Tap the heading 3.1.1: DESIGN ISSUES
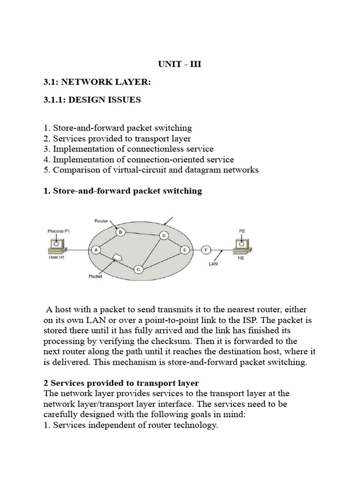coord(92,100)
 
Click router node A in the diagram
coord(96,250)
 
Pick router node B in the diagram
coord(120,232)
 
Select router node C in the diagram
coord(138,269)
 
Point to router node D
coord(164,235)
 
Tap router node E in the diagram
coord(185,250)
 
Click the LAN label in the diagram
coord(213,263)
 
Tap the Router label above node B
coord(101,220)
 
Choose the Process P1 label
coord(59,231)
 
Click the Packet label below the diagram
coord(95,277)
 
